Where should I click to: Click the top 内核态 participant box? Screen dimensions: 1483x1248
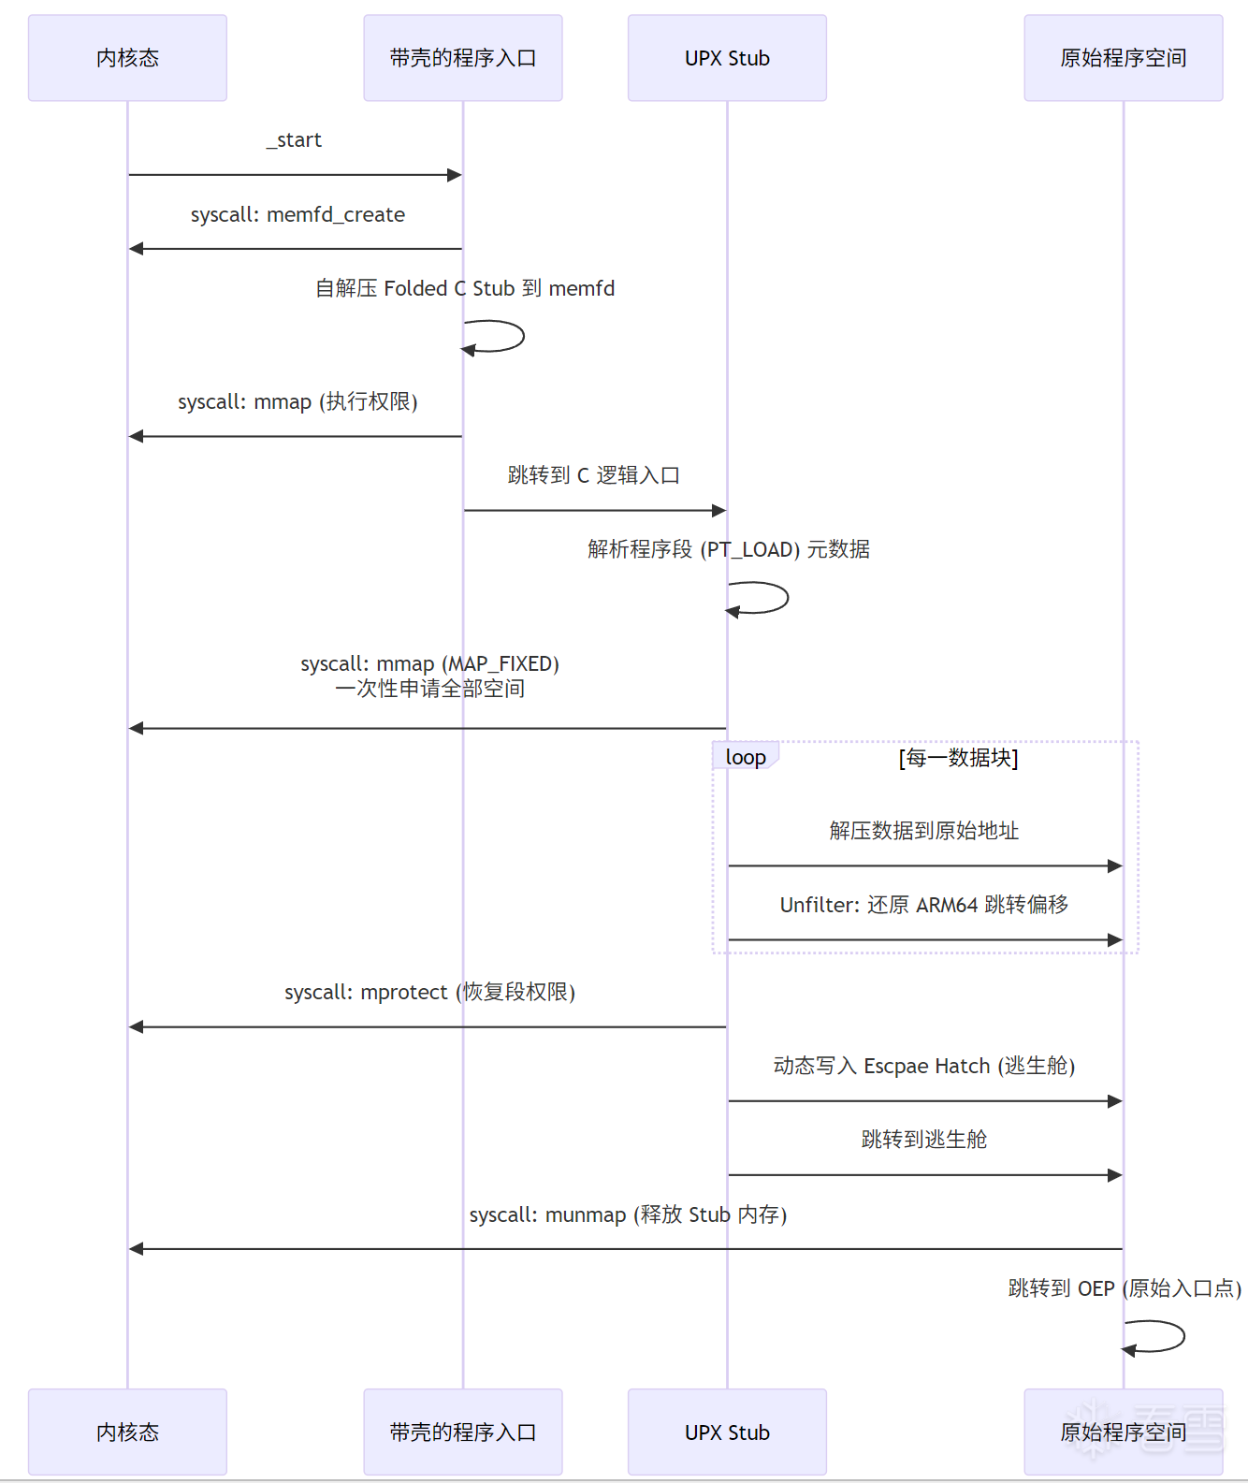tap(127, 58)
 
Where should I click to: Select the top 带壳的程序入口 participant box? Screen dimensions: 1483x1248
tap(462, 58)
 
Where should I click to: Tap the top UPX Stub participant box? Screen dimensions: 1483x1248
tap(727, 58)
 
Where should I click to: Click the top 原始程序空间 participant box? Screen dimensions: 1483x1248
tap(1123, 58)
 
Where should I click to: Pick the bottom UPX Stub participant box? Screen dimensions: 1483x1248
tap(727, 1432)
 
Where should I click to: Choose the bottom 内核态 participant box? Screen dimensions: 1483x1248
tap(127, 1432)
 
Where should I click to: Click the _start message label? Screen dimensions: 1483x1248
tap(295, 140)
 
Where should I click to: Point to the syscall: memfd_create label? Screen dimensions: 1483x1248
tap(297, 215)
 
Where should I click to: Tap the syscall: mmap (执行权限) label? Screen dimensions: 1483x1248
tap(297, 402)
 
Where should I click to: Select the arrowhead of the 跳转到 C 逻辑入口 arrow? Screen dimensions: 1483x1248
tap(718, 511)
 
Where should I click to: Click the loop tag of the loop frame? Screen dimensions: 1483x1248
tap(746, 757)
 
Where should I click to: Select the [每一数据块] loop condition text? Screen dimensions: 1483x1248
tap(958, 758)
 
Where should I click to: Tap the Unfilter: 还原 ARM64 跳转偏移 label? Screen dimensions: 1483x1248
tap(924, 905)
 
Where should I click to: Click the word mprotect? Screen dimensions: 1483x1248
tap(404, 992)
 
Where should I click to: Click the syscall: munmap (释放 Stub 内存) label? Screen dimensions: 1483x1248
tap(628, 1214)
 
